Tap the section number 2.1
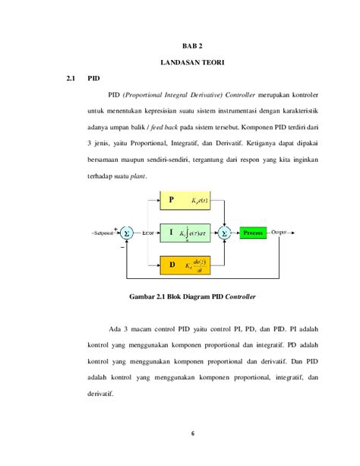point(71,78)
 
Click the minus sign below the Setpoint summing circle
point(122,247)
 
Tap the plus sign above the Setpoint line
point(115,227)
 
